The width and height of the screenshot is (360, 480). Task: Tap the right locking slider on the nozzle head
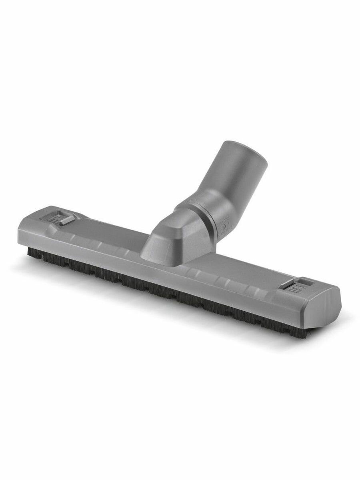[294, 285]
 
